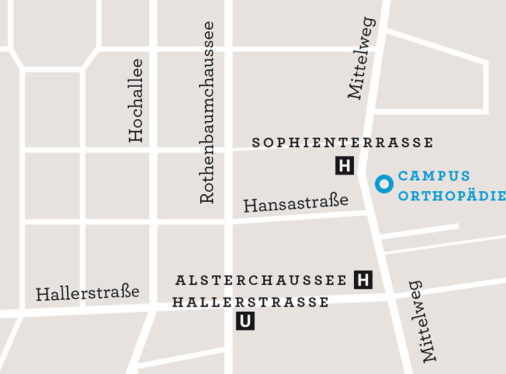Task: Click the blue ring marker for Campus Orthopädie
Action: tap(384, 184)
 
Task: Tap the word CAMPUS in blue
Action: tap(434, 176)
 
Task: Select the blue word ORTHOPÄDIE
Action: tap(452, 196)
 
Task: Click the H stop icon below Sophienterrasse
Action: tap(344, 166)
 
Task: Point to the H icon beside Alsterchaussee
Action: tap(363, 280)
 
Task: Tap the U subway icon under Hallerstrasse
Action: tap(245, 321)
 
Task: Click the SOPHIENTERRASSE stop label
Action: tap(343, 143)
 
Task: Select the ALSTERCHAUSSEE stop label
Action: tap(261, 281)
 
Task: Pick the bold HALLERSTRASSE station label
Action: tap(250, 302)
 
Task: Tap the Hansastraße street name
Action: tap(296, 204)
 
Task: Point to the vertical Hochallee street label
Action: tap(136, 100)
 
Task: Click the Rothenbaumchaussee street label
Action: tap(207, 113)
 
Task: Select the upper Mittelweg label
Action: tap(361, 58)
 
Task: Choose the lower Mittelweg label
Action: tap(422, 321)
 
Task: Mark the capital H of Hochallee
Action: tap(136, 135)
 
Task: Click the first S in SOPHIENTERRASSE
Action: tap(256, 143)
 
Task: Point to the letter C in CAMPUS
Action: tap(403, 176)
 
